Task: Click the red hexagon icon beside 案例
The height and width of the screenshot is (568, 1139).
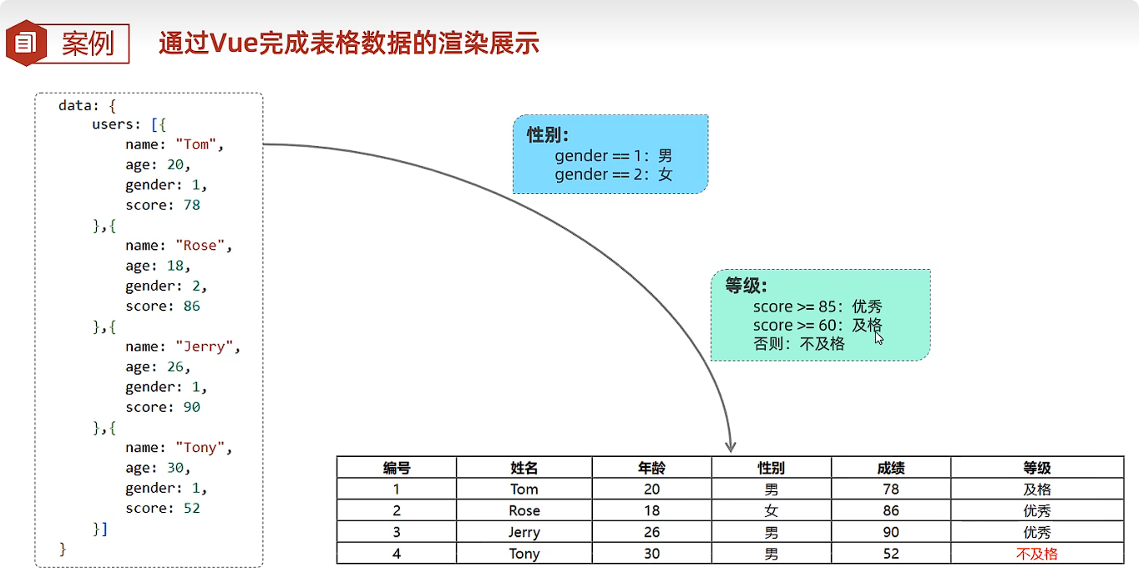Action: click(26, 43)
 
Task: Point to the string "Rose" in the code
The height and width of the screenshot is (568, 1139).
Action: click(201, 246)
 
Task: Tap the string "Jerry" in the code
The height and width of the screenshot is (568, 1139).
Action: click(205, 347)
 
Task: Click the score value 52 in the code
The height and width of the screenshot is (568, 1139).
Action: click(191, 508)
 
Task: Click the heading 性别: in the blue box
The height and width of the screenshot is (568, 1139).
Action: click(548, 135)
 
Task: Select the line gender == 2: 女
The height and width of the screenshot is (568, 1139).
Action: click(613, 175)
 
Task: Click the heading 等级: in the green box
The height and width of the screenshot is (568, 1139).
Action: click(746, 286)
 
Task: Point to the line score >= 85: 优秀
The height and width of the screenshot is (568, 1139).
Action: click(817, 307)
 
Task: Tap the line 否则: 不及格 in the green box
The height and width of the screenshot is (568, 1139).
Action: click(799, 343)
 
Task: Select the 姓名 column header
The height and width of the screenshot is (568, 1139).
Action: click(524, 468)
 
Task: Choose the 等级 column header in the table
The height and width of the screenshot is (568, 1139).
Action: click(1036, 468)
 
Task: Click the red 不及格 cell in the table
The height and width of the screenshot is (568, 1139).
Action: click(1036, 554)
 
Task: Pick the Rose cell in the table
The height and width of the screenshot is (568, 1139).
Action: click(524, 510)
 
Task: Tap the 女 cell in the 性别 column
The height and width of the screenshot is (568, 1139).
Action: click(771, 510)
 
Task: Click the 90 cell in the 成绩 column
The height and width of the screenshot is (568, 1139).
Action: click(890, 532)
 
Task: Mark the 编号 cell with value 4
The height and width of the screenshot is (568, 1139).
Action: click(397, 554)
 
